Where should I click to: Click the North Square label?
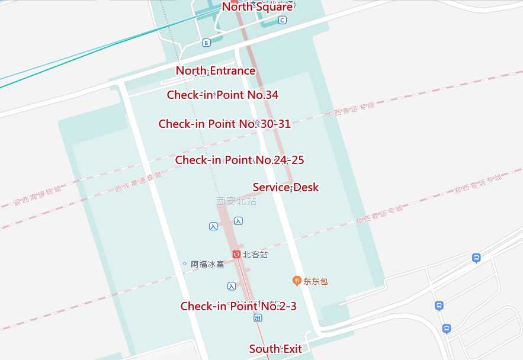[257, 7]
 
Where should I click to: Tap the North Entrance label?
[216, 71]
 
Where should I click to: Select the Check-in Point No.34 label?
[222, 95]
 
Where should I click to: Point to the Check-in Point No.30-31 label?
[224, 124]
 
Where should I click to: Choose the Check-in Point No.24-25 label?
[239, 160]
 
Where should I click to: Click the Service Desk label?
[285, 187]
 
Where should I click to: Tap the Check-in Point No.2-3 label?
[238, 306]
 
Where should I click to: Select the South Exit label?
[275, 349]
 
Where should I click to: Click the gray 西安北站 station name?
[236, 201]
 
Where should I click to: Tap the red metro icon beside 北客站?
[236, 255]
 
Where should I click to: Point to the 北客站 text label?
[255, 255]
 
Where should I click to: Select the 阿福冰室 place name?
[207, 264]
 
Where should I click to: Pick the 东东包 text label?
[316, 281]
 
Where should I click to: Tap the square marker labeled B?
[206, 43]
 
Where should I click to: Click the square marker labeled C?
[282, 21]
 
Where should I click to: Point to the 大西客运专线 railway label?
[350, 110]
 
